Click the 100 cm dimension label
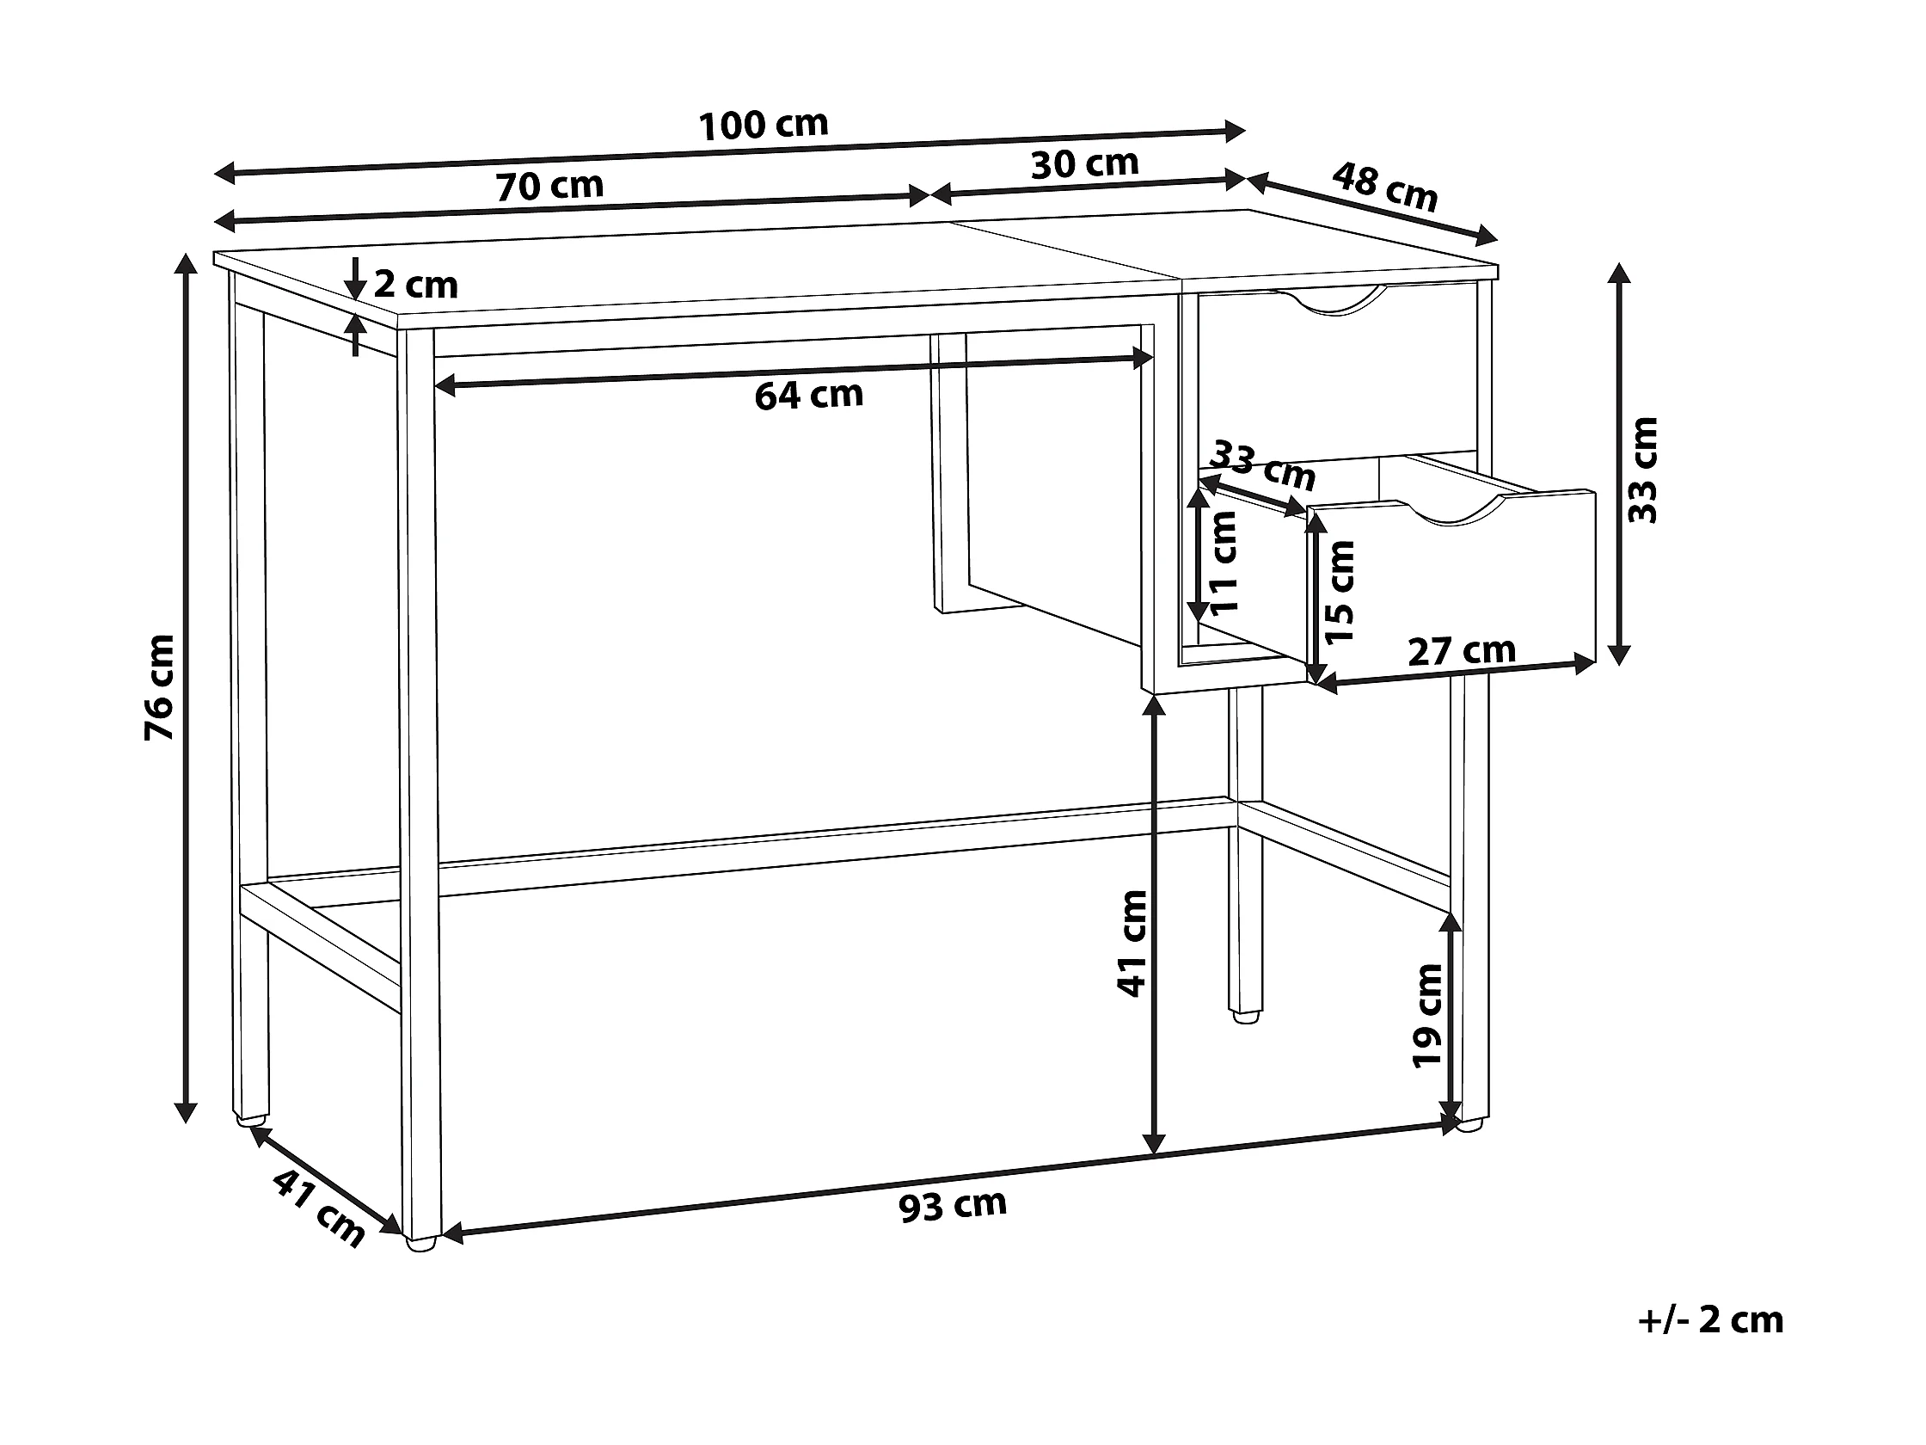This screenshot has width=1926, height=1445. tap(764, 126)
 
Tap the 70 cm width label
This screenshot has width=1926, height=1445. tap(549, 186)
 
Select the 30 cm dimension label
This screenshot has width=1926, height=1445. tap(1084, 163)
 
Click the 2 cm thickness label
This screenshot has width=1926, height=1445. tap(415, 285)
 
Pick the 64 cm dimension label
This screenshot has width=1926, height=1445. tap(808, 396)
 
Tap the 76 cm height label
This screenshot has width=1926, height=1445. tap(160, 687)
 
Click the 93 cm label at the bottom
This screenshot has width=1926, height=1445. tap(953, 1207)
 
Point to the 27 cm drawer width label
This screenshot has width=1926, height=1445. tap(1462, 650)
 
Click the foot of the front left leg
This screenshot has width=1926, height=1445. tap(421, 1245)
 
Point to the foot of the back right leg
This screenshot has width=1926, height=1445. tap(1246, 1015)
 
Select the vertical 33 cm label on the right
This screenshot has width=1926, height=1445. tap(1644, 470)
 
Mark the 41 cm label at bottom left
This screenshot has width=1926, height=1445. tap(319, 1208)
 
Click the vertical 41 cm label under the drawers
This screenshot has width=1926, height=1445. tap(1132, 944)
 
